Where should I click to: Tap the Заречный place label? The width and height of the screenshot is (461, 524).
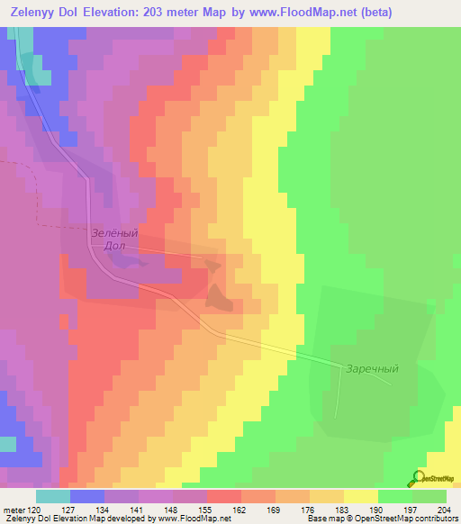[371, 368]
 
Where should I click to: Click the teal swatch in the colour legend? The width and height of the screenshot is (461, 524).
[52, 496]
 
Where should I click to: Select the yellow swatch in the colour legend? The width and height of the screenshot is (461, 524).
[360, 496]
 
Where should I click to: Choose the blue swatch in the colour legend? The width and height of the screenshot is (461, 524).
[86, 496]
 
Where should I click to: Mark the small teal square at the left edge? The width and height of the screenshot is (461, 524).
[7, 444]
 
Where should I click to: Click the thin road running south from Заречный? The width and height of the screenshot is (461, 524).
[339, 396]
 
